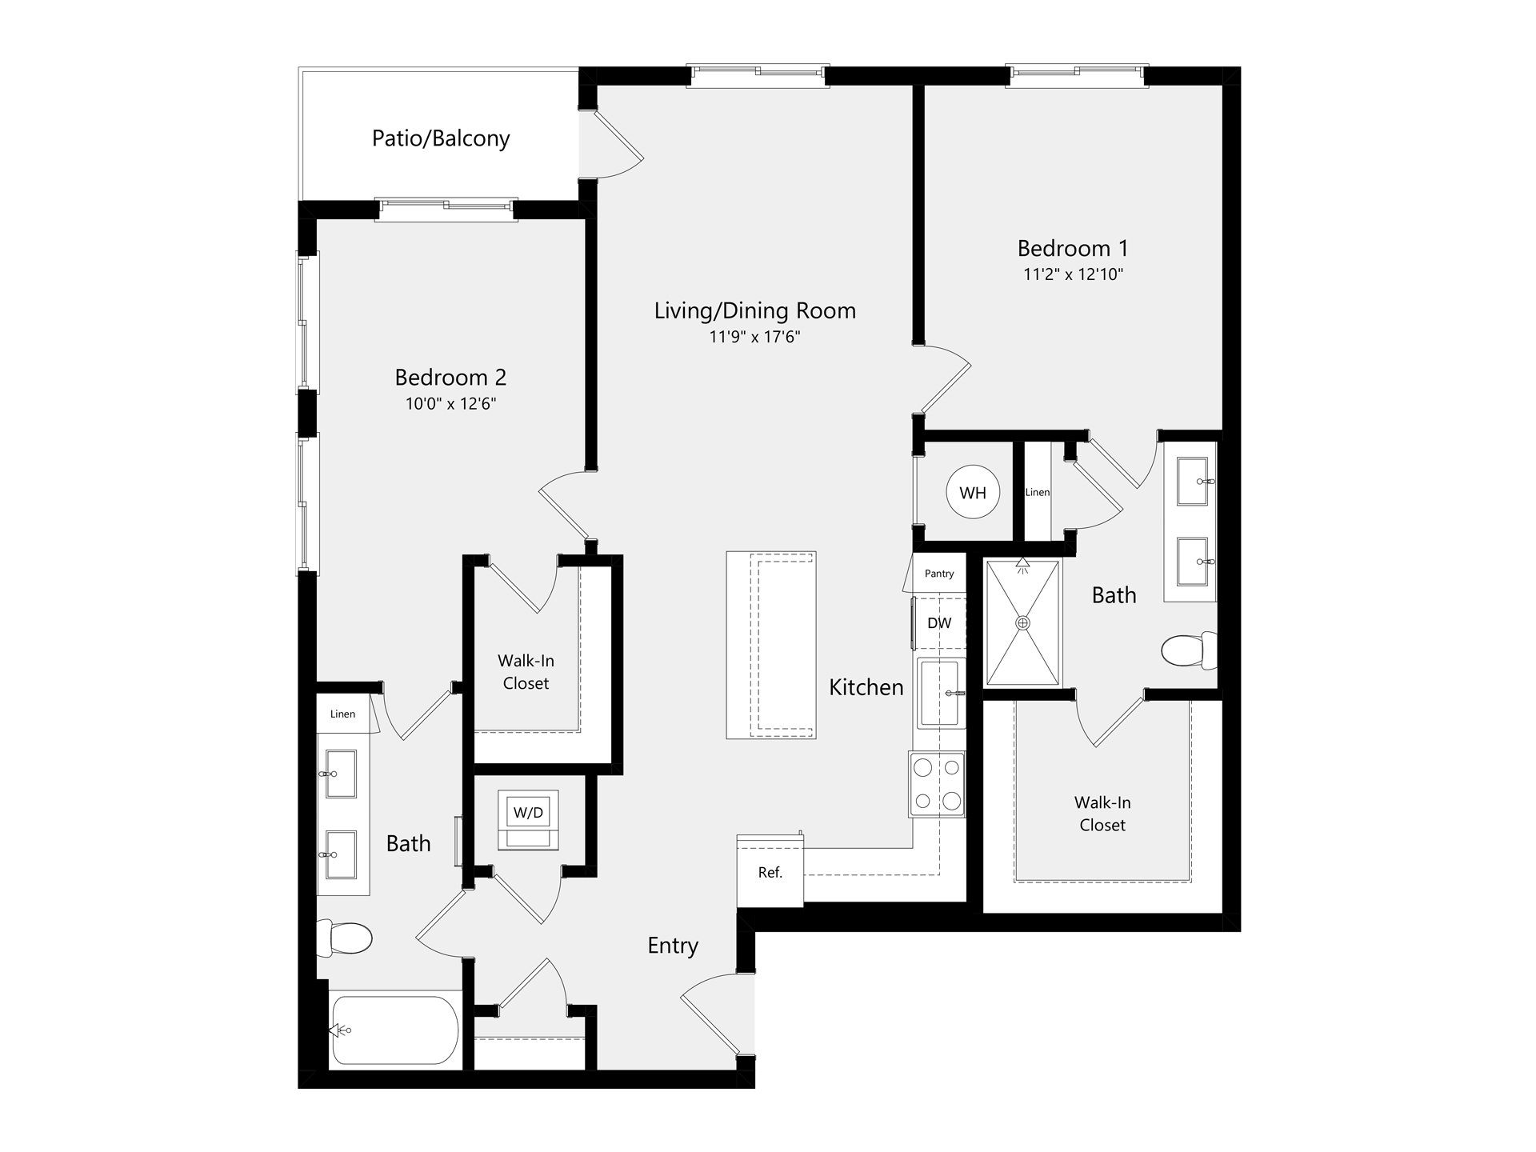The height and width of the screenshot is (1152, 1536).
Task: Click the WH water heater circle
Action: point(973,493)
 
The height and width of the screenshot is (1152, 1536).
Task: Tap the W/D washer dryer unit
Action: point(528,820)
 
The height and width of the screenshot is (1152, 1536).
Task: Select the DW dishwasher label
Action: point(939,622)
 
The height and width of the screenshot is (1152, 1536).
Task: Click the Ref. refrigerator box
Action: point(770,871)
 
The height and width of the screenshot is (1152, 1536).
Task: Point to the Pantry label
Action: point(939,574)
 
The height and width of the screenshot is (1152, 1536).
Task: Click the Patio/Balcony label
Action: point(441,138)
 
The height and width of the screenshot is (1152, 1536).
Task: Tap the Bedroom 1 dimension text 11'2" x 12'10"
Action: point(1074,274)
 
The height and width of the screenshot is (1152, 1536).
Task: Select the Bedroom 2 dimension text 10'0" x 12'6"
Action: point(451,404)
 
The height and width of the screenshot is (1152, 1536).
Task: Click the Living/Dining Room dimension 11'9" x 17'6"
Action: point(755,337)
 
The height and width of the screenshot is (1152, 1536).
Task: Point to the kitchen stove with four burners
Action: point(937,784)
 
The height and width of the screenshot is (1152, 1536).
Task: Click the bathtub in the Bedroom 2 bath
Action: point(394,1030)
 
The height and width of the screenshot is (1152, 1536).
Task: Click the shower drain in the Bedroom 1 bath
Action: point(1022,623)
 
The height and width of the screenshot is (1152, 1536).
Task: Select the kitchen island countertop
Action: point(771,645)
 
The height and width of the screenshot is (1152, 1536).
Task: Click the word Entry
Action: point(673,946)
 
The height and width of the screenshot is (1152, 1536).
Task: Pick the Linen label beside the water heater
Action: point(1038,492)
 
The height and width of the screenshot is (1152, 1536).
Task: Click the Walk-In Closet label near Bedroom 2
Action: point(526,672)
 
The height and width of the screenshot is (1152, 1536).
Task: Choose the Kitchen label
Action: point(866,687)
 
